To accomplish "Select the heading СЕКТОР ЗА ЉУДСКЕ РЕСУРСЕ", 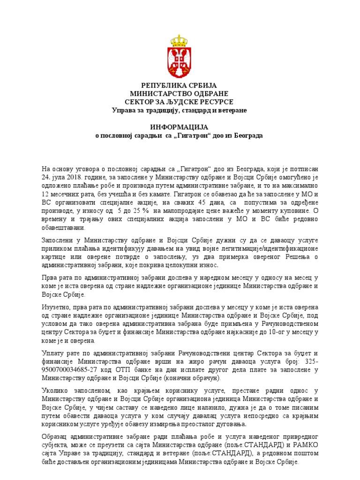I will point(179,102).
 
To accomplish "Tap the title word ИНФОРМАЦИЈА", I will point(179,127).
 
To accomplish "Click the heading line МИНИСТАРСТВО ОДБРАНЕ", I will point(179,93).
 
